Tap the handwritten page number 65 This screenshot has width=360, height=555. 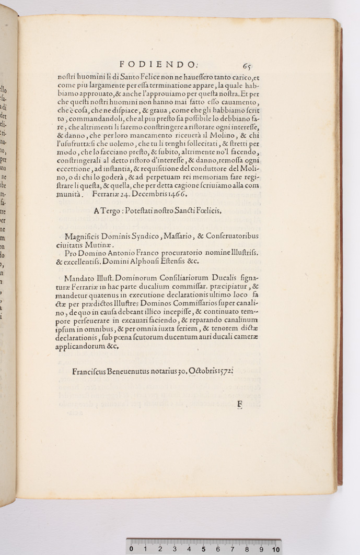pos(247,66)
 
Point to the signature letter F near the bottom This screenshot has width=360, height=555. pos(240,404)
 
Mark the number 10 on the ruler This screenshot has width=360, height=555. pos(275,549)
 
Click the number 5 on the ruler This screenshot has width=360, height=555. pos(203,549)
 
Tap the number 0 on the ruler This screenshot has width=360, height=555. pos(131,549)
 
